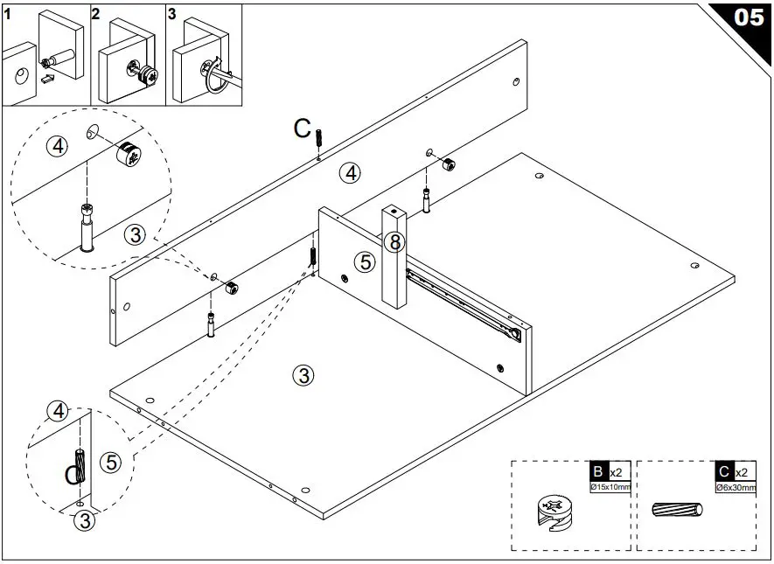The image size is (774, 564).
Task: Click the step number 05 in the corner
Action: pyautogui.click(x=749, y=17)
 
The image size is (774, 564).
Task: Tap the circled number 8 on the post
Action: pyautogui.click(x=395, y=241)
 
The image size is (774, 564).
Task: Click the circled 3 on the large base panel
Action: pyautogui.click(x=302, y=375)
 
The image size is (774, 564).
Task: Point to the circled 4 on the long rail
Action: pyautogui.click(x=350, y=173)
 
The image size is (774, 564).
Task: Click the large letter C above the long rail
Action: pyautogui.click(x=303, y=129)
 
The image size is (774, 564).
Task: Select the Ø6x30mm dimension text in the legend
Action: pyautogui.click(x=734, y=486)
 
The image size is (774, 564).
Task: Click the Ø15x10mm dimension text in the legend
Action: pyautogui.click(x=610, y=486)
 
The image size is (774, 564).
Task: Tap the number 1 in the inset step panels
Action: pyautogui.click(x=8, y=12)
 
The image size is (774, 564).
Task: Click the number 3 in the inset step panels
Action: pyautogui.click(x=172, y=13)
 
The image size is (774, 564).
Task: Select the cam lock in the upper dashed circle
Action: pyautogui.click(x=129, y=154)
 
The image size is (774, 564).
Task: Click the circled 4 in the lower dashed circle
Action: pyautogui.click(x=58, y=410)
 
